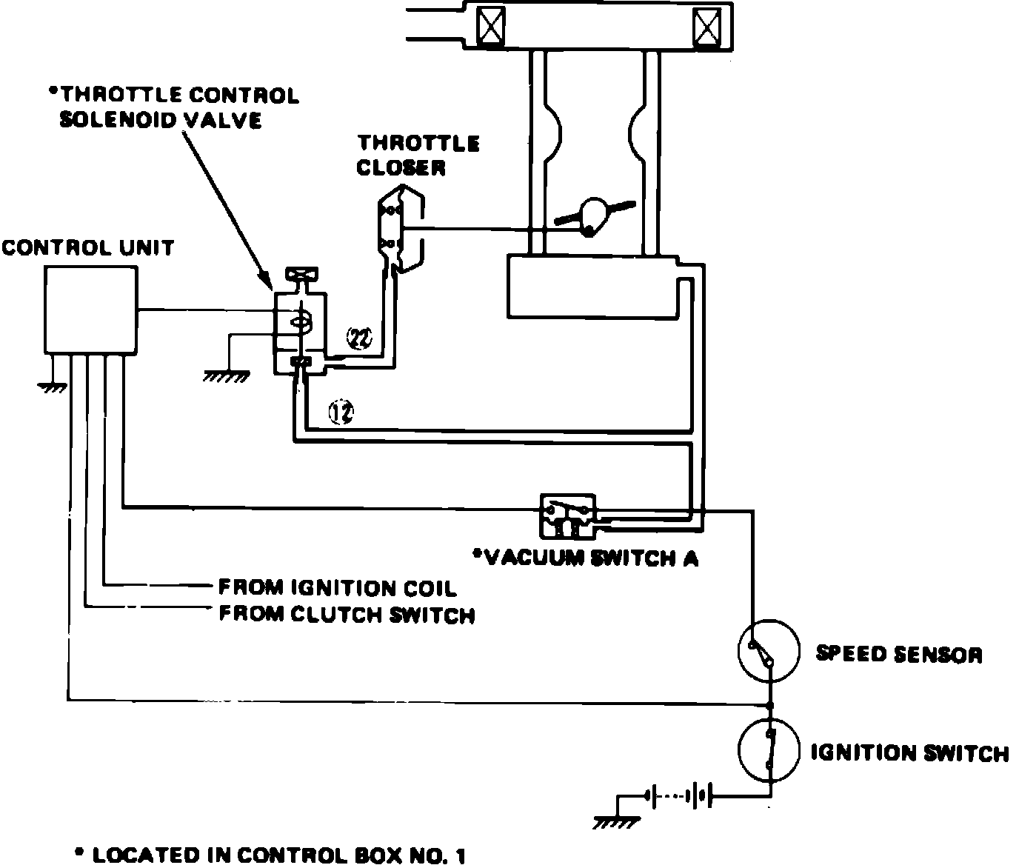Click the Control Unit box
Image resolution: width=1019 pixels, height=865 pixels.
pyautogui.click(x=90, y=310)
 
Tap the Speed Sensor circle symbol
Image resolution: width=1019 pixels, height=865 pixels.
pyautogui.click(x=769, y=651)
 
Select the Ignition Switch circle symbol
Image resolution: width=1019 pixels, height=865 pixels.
pyautogui.click(x=769, y=749)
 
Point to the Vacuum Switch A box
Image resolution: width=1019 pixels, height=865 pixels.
pyautogui.click(x=567, y=515)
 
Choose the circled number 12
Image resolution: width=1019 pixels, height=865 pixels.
pyautogui.click(x=341, y=413)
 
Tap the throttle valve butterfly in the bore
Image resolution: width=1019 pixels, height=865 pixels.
pyautogui.click(x=594, y=216)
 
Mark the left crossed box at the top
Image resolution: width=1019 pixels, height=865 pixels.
pyautogui.click(x=490, y=27)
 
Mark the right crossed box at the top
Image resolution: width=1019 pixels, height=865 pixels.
pyautogui.click(x=706, y=27)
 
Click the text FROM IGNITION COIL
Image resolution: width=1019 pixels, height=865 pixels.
pyautogui.click(x=337, y=588)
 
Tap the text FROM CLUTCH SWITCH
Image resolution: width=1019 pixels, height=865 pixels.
pyautogui.click(x=347, y=615)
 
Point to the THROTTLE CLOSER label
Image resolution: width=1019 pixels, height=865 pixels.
pyautogui.click(x=417, y=155)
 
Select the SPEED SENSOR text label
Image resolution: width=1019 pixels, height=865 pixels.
pyautogui.click(x=898, y=654)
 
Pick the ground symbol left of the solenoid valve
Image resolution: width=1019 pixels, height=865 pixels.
pyautogui.click(x=226, y=375)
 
